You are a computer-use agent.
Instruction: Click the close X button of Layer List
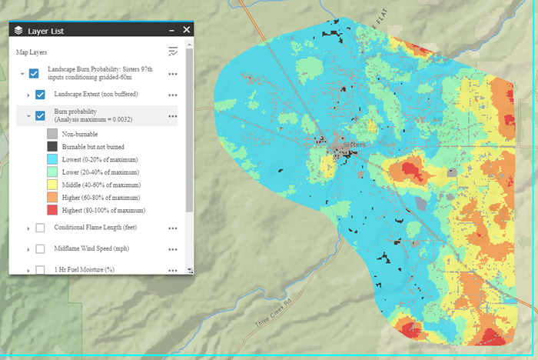186,30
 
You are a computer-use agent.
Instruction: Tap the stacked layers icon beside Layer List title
18,31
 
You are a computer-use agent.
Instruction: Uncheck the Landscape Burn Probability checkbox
34,74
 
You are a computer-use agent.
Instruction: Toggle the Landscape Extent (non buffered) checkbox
41,95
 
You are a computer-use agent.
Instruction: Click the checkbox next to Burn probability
41,116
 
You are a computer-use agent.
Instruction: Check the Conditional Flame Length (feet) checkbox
41,228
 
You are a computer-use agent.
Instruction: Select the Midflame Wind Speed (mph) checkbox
41,249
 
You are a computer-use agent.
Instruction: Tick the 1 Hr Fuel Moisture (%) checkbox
41,270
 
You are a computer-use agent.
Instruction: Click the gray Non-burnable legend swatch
51,133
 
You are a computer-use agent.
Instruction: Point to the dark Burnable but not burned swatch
51,146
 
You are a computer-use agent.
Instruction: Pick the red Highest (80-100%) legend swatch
51,210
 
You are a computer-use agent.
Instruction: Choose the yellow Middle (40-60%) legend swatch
51,185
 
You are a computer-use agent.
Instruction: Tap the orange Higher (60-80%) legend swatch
51,197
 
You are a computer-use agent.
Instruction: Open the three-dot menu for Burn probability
173,116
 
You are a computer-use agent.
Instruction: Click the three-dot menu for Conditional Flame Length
173,228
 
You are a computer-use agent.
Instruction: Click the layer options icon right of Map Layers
173,52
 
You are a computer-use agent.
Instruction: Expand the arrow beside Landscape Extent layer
28,95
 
